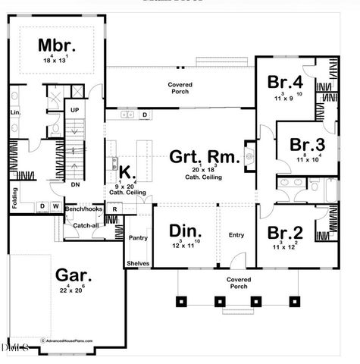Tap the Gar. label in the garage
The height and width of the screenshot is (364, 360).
click(72, 275)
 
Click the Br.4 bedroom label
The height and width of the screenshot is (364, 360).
click(285, 81)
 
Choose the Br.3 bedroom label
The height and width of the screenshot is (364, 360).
click(307, 145)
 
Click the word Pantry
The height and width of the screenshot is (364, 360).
click(137, 237)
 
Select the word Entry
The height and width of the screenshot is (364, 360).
click(236, 235)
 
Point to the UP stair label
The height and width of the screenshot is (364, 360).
click(74, 110)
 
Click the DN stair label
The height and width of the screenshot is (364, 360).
click(74, 184)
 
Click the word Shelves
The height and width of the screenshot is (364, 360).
click(138, 263)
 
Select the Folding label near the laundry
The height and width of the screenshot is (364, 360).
click(14, 199)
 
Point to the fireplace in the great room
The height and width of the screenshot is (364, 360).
click(249, 157)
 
